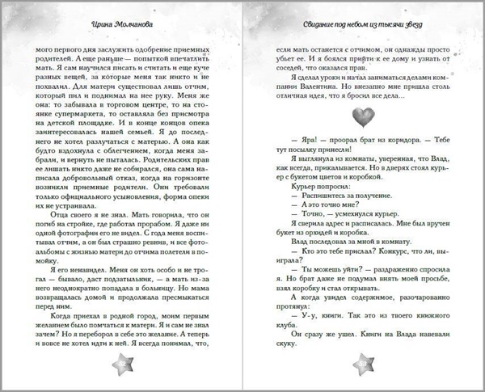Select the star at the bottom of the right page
(x=358, y=357)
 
